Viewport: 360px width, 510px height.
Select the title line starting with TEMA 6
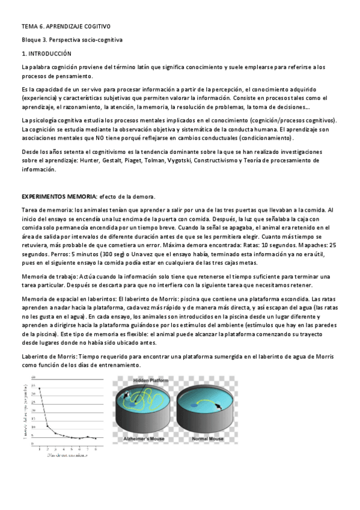pyautogui.click(x=66, y=27)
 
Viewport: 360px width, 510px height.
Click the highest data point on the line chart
pyautogui.click(x=40, y=389)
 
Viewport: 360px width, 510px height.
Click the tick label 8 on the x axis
pyautogui.click(x=96, y=449)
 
